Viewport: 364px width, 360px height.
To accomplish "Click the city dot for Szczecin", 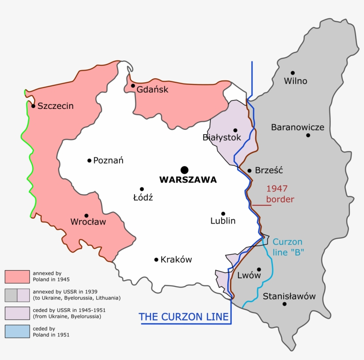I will (x=33, y=106).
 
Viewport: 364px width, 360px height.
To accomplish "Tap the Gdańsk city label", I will (x=152, y=89).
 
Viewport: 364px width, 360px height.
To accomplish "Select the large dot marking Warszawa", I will (x=184, y=170).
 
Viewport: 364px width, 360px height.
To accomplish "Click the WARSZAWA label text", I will (x=188, y=180).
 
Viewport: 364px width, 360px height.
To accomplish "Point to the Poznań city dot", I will (x=89, y=160).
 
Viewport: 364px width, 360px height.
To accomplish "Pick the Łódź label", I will (x=143, y=198).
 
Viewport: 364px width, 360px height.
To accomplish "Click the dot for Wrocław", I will (x=86, y=216).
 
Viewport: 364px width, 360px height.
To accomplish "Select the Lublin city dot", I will (x=223, y=214).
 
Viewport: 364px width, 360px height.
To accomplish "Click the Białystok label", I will (x=222, y=137).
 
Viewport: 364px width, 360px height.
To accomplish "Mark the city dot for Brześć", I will (x=249, y=171).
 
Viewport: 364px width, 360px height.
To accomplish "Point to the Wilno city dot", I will (x=293, y=73).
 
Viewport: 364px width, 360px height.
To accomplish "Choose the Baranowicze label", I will (x=297, y=128).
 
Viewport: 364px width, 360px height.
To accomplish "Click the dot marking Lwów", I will (x=259, y=269).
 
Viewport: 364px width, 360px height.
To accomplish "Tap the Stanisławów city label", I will (x=289, y=296).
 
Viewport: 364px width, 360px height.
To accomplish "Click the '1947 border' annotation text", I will (x=280, y=194).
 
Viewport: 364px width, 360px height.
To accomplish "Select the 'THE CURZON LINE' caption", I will (x=184, y=317).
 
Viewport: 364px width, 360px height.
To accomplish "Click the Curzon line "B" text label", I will (x=288, y=247).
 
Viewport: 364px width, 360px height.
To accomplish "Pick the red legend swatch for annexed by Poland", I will (x=17, y=276).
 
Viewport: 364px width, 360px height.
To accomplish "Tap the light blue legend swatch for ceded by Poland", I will (x=17, y=332).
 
